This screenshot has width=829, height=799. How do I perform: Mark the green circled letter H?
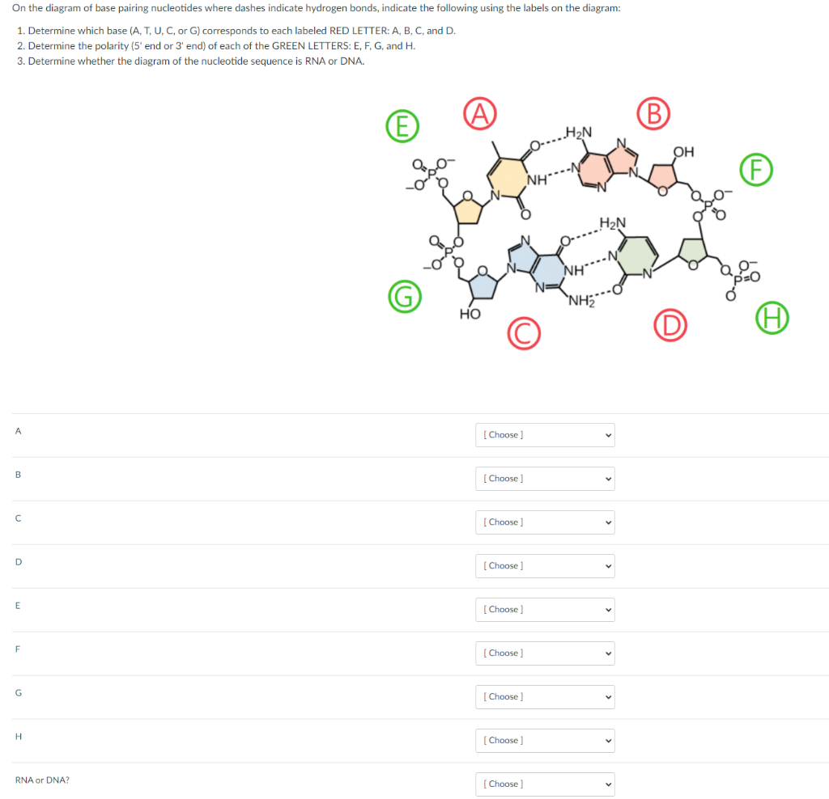click(772, 319)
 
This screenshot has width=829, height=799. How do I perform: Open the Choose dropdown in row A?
click(546, 435)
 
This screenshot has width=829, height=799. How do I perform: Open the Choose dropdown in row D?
click(546, 566)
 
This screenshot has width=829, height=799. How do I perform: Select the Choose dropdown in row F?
click(546, 653)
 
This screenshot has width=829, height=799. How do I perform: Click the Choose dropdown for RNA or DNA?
click(546, 784)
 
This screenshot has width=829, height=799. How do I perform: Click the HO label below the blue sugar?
click(470, 314)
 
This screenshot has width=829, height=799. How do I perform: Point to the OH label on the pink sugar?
click(683, 151)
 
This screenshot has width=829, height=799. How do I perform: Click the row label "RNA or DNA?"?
click(42, 780)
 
